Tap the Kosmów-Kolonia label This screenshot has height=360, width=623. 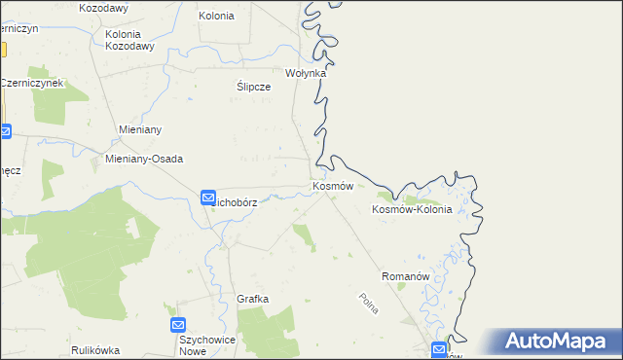tap(413, 209)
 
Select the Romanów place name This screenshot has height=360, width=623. tap(406, 276)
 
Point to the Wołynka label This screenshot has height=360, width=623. tap(305, 73)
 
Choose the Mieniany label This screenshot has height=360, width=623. tap(139, 129)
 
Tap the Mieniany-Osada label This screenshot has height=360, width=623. tap(144, 159)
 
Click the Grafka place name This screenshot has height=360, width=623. tap(252, 299)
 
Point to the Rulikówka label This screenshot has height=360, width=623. tap(95, 349)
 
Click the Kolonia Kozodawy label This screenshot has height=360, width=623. tap(129, 40)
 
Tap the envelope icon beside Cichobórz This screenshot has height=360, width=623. tap(208, 198)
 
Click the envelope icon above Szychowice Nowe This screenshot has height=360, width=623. tap(178, 325)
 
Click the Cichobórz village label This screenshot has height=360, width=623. tap(237, 202)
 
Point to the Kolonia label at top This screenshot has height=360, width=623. tap(216, 16)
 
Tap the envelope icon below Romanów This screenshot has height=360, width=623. tap(440, 349)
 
